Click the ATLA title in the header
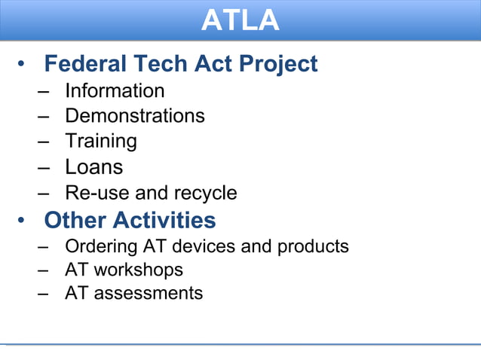pos(240,20)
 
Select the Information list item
pos(115,91)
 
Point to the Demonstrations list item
pos(134,116)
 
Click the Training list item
pos(100,142)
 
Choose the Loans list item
pos(93,166)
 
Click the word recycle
pos(206,194)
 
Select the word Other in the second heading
pos(75,221)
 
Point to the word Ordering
pos(102,246)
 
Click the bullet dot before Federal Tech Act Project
pos(24,65)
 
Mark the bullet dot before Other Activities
pos(24,221)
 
